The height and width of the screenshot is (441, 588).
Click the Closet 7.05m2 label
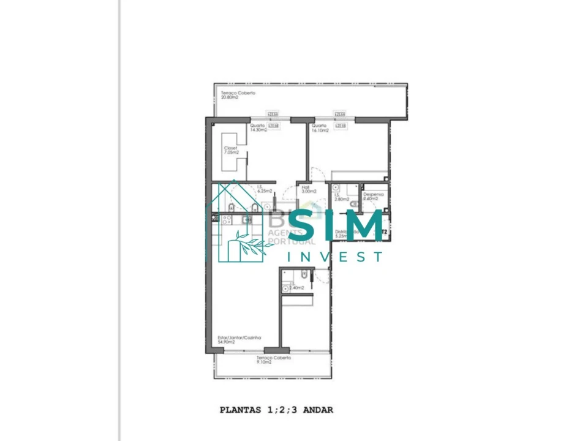click(x=230, y=151)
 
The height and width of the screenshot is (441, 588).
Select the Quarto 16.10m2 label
click(x=321, y=128)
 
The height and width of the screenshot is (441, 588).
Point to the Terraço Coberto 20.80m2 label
click(x=238, y=95)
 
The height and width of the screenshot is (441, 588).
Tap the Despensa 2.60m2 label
click(x=374, y=196)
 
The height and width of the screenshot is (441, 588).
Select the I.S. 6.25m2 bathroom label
click(x=264, y=189)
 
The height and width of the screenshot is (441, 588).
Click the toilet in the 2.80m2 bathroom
click(x=354, y=204)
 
